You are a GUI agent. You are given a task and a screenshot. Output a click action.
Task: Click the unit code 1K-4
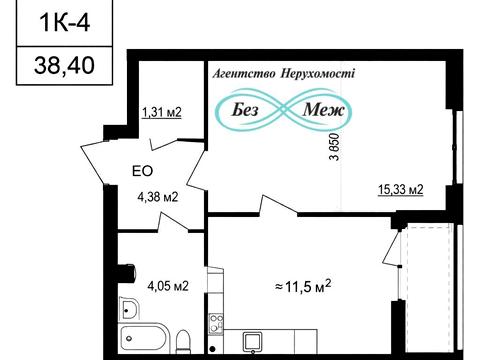click(65, 23)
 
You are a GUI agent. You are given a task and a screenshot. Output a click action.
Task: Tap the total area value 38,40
click(64, 65)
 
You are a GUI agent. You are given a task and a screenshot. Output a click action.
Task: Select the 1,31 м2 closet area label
click(162, 112)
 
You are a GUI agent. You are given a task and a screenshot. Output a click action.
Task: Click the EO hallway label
click(143, 171)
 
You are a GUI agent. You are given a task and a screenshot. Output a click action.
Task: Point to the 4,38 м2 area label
click(158, 197)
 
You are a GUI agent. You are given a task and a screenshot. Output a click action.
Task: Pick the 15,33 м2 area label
click(401, 189)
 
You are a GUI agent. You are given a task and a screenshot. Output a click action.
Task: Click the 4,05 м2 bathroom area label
click(168, 286)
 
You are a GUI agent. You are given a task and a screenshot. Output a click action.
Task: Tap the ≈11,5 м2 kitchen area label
click(303, 286)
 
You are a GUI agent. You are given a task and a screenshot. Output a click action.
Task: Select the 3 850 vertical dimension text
click(334, 147)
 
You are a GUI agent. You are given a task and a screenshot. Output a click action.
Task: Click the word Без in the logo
click(245, 110)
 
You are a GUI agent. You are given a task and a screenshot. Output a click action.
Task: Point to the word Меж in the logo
click(323, 109)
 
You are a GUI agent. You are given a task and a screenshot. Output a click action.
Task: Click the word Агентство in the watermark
click(244, 73)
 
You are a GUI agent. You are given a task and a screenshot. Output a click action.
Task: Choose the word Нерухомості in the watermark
click(318, 73)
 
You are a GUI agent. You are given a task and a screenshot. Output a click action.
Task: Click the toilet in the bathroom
click(183, 341)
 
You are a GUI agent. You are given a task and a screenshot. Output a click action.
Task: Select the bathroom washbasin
click(128, 307)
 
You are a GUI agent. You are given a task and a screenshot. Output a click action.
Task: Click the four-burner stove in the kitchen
click(216, 323)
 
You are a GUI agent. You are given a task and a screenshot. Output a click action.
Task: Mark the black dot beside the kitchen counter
click(212, 349)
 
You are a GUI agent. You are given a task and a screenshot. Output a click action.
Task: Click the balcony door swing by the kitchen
click(392, 248)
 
